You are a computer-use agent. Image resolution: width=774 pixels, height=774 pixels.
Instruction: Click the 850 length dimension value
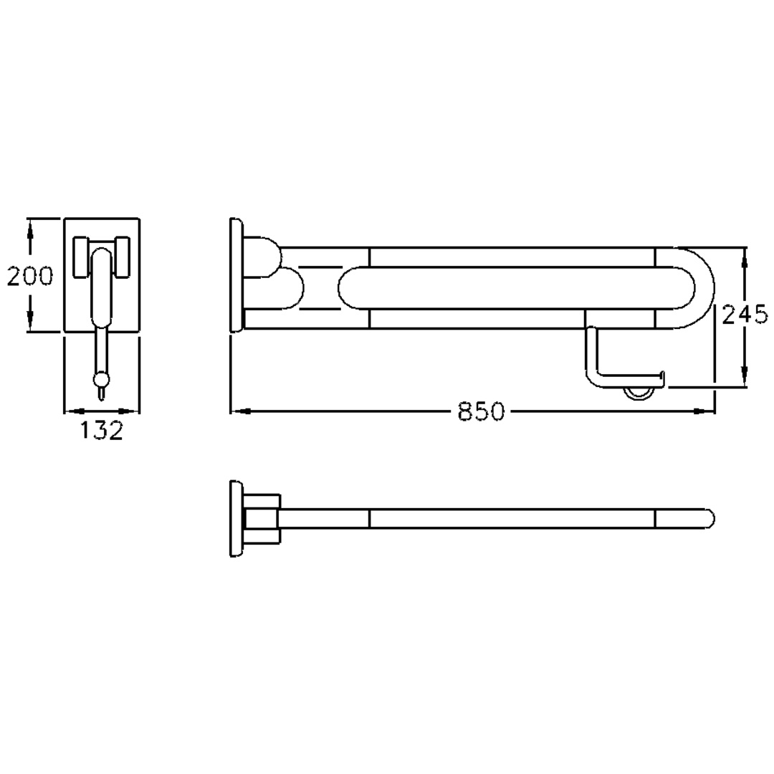[x=482, y=411]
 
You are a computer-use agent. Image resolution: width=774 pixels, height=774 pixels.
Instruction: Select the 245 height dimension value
[x=745, y=315]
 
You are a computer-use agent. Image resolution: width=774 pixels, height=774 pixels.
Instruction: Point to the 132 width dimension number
[x=101, y=431]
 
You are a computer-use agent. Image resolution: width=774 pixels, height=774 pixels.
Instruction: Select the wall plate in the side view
[x=236, y=274]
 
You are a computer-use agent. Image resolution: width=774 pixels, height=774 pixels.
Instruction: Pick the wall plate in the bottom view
[x=236, y=518]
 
